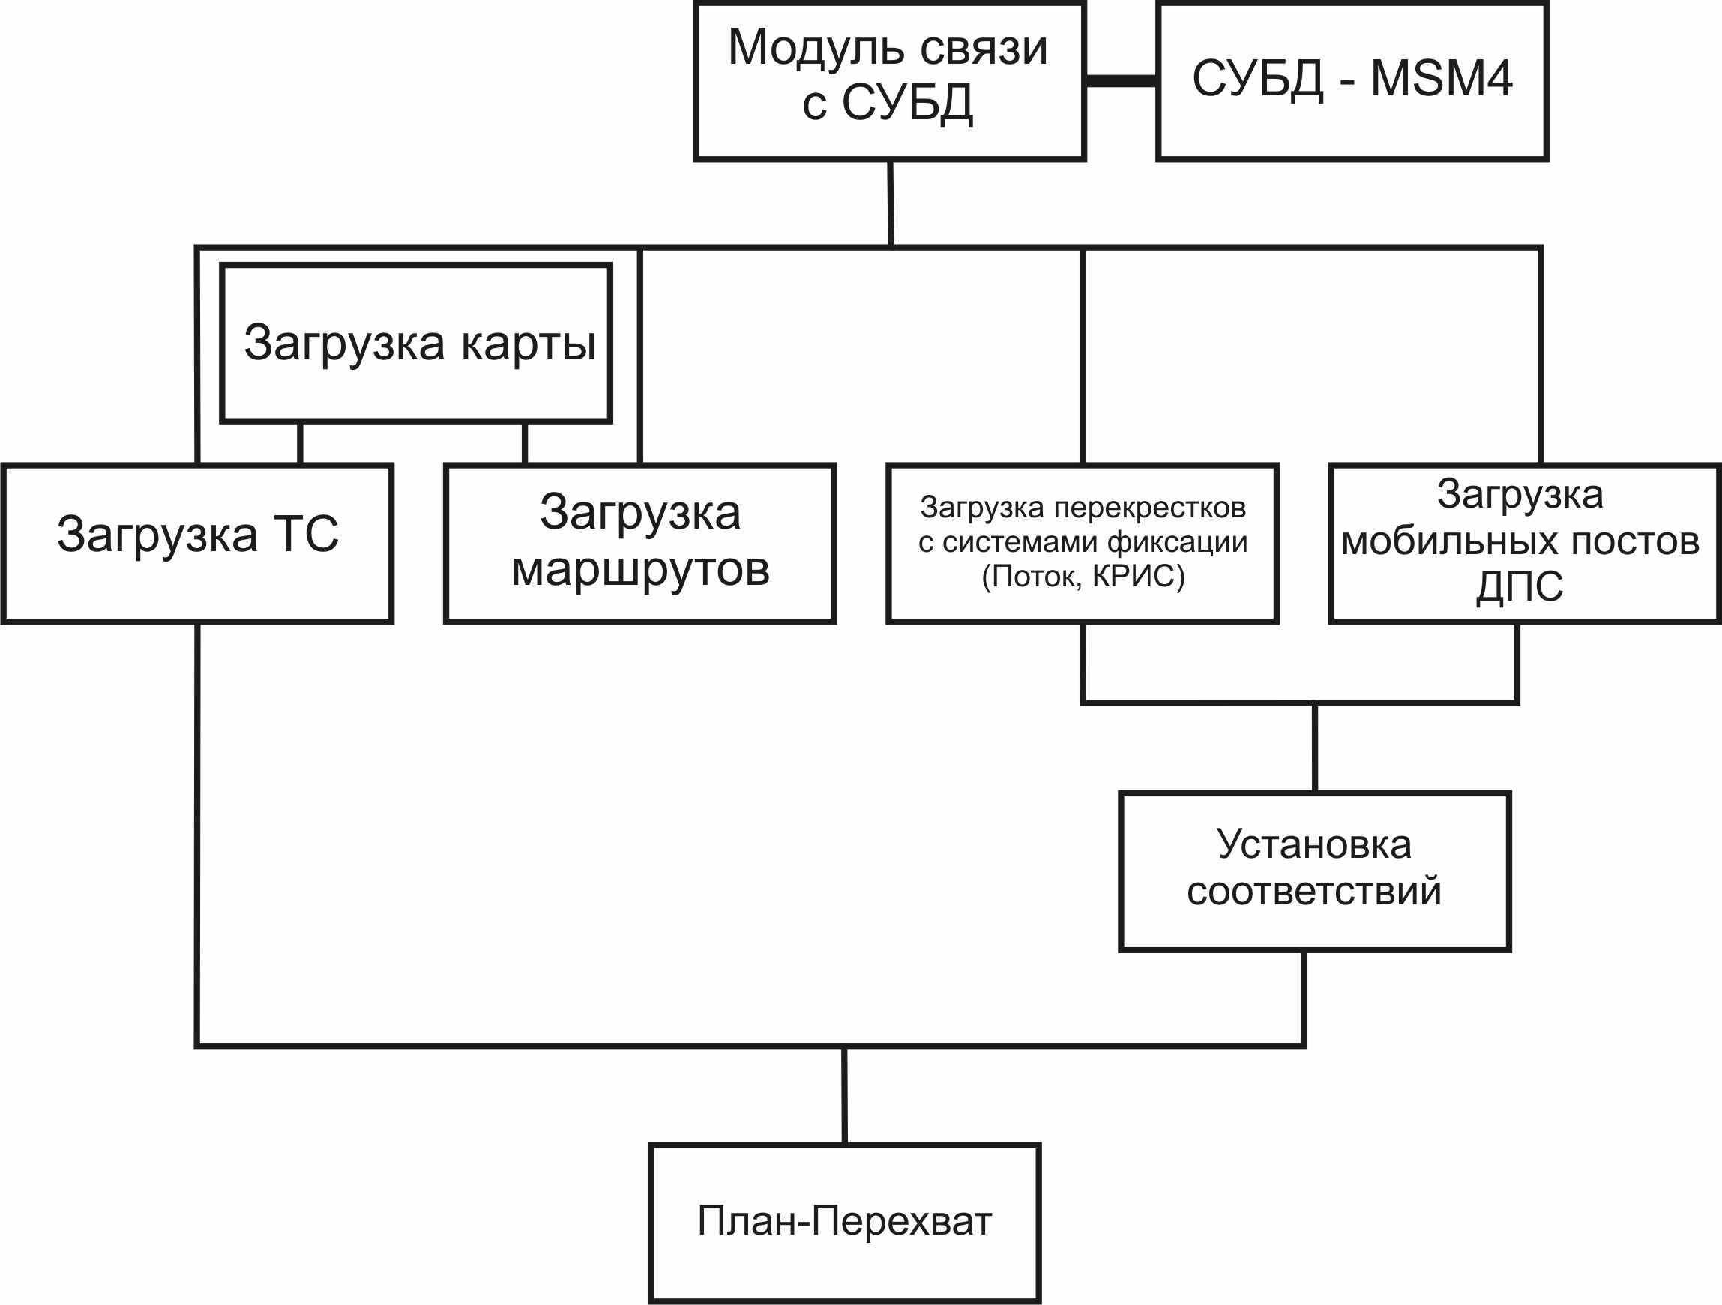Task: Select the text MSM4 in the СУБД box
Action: tap(1441, 79)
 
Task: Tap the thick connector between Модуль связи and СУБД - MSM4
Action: tap(1120, 81)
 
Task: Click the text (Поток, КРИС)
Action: tap(1083, 576)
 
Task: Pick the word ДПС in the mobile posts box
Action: tap(1520, 586)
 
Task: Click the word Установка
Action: tap(1314, 844)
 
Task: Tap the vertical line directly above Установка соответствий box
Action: tap(1315, 748)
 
